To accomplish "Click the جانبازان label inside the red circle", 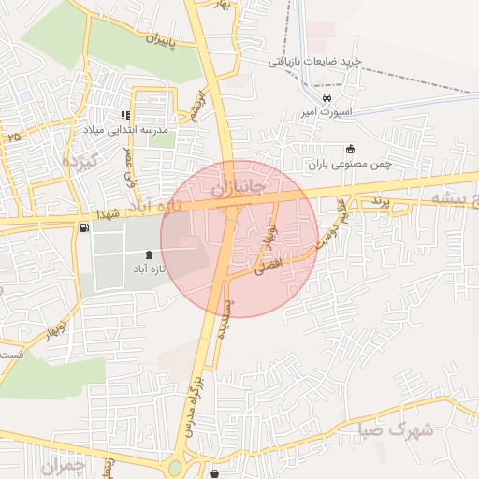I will click(x=238, y=190).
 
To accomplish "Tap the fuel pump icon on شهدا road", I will click(x=85, y=226).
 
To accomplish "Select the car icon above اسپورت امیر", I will click(x=326, y=98).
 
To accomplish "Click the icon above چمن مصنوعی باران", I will click(x=351, y=149).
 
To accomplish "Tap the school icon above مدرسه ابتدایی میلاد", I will click(x=126, y=115).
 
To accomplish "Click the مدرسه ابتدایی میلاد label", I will click(x=125, y=130).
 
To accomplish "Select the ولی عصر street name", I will click(x=130, y=169).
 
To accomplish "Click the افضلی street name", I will click(x=267, y=267).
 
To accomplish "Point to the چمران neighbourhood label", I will click(x=65, y=464).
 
